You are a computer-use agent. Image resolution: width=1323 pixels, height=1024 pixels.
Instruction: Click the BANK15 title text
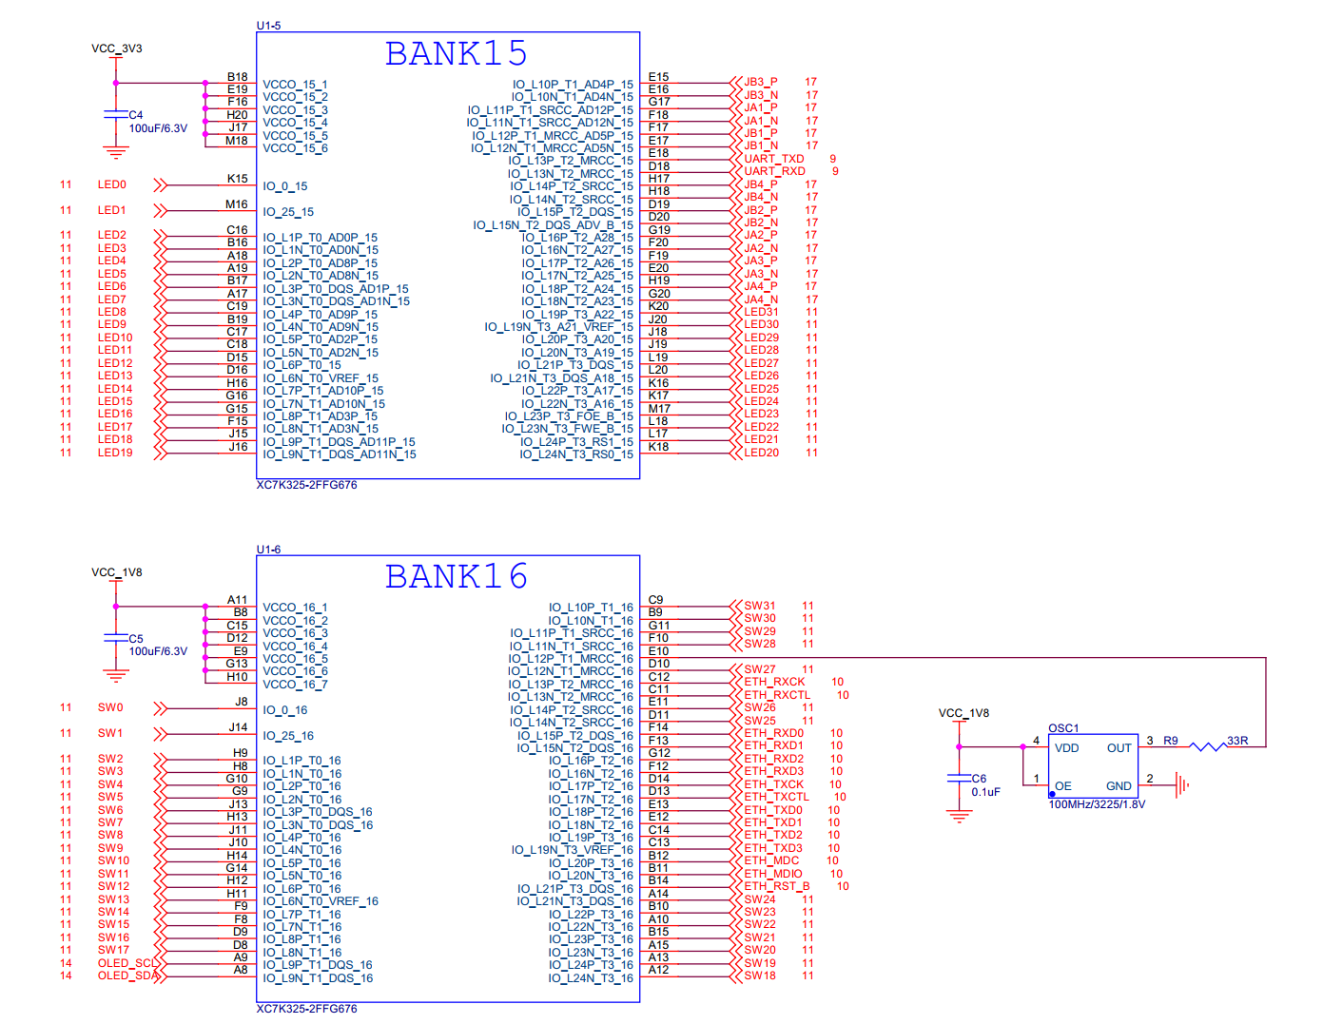tap(456, 53)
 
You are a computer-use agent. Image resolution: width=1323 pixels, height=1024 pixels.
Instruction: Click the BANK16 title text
tap(456, 575)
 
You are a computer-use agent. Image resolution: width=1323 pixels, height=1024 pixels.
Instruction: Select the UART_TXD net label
tap(773, 158)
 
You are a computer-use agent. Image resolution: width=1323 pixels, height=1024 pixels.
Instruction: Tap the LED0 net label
tap(111, 184)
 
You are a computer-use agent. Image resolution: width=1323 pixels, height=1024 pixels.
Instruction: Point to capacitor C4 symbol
tap(116, 114)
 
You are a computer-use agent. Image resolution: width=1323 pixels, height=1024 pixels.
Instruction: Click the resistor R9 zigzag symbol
tap(1207, 746)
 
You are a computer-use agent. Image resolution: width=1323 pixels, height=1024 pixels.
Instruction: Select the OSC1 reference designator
tap(1062, 727)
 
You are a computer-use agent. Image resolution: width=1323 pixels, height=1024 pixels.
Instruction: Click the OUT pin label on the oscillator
tap(1119, 747)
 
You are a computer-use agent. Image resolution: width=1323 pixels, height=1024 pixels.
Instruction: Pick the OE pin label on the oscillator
tap(1062, 785)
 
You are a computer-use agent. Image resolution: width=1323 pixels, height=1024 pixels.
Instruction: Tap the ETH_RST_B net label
tap(776, 885)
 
